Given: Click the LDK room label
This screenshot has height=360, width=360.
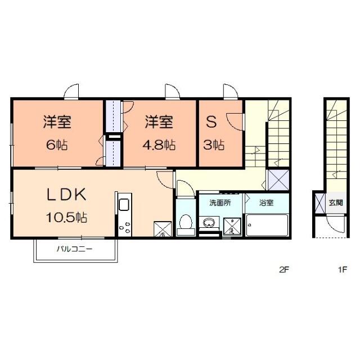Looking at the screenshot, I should (x=65, y=195).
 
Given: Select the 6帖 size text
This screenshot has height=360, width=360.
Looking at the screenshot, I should (x=57, y=145).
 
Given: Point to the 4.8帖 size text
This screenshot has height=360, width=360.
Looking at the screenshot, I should (x=160, y=145).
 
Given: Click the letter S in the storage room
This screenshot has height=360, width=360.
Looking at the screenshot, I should (x=211, y=121).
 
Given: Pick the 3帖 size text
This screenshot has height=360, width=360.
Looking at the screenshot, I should (x=214, y=145).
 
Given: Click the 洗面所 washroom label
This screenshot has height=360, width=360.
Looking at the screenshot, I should (x=219, y=202).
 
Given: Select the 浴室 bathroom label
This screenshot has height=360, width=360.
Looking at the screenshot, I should (x=266, y=202).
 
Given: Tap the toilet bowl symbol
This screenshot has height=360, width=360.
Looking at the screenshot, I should (x=183, y=225).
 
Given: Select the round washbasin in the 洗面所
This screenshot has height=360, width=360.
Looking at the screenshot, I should (x=210, y=220).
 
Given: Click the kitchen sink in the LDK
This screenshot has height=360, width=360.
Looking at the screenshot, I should (x=124, y=204).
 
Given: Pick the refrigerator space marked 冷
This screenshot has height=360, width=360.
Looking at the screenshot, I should (x=162, y=229).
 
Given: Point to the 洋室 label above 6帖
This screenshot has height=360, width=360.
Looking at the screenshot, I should (x=57, y=121).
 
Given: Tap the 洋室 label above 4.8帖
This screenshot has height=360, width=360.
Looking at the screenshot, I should (x=159, y=121).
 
